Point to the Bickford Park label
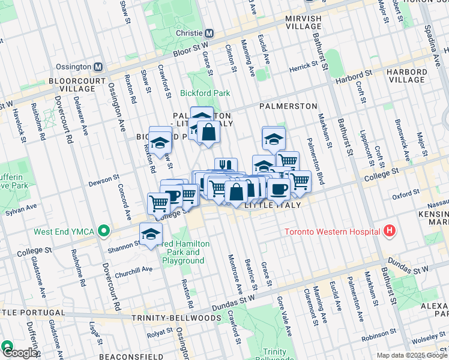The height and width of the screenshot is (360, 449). (x=205, y=94)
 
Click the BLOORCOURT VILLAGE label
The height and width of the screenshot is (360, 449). (x=73, y=85)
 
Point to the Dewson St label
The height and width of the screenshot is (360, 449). (x=105, y=179)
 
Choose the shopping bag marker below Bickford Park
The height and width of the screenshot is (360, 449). (x=208, y=133)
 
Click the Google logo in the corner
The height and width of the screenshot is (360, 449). (x=19, y=353)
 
